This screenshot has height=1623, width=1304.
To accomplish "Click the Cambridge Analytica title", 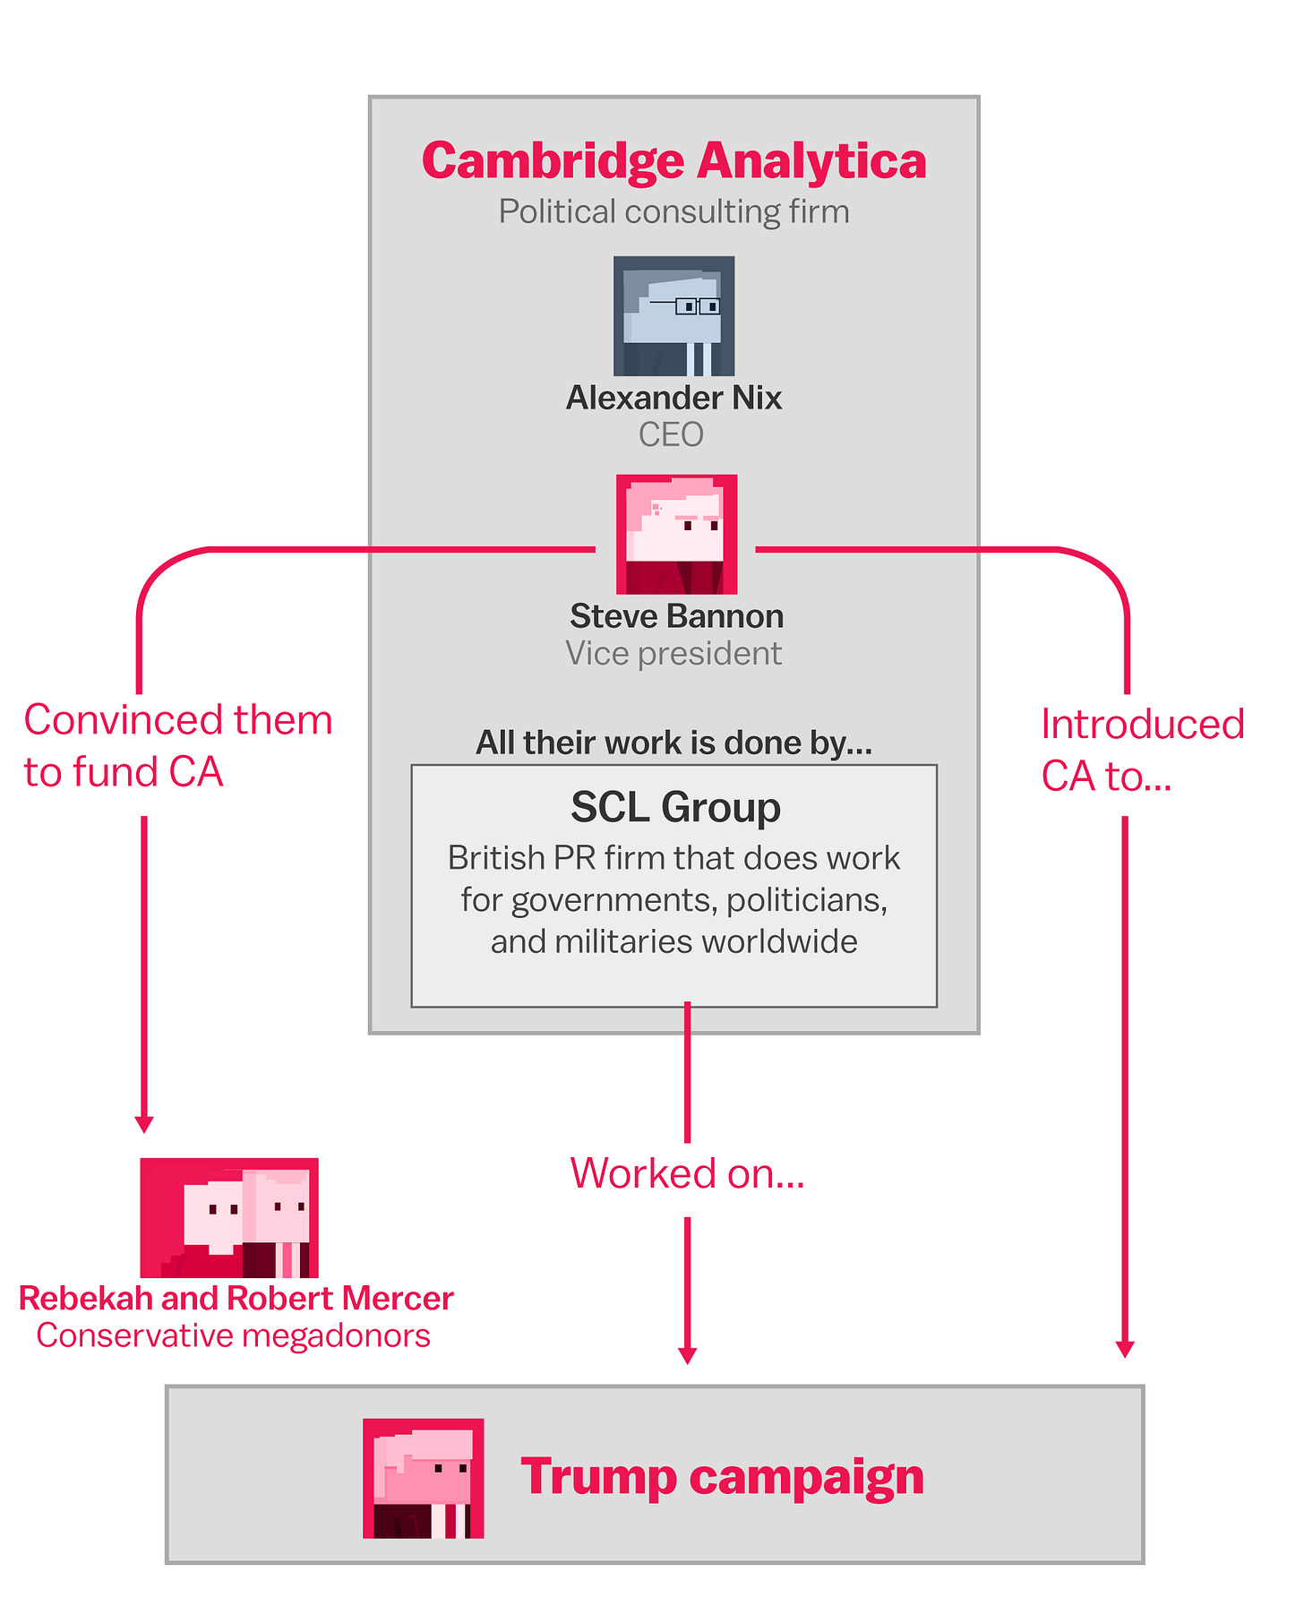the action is tap(673, 161).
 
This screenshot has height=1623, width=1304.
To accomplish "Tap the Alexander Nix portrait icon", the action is tap(673, 316).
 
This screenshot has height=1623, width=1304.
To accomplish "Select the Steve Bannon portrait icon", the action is tap(676, 535).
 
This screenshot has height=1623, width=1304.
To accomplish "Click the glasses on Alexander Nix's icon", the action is tap(686, 305).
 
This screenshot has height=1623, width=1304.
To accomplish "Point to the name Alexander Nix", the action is tap(673, 398).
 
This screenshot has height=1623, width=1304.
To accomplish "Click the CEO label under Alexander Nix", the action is tap(671, 435).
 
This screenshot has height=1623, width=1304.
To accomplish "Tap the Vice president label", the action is tap(673, 654).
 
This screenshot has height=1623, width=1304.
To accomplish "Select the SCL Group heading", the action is tap(675, 807).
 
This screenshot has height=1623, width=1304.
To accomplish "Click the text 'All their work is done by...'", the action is tap(673, 743).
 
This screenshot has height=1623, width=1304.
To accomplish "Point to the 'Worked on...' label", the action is tap(687, 1173).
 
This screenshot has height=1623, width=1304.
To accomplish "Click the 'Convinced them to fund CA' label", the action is tap(177, 746).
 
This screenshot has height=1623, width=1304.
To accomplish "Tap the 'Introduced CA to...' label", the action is tap(1142, 751).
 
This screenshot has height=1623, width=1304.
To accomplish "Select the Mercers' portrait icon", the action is tap(229, 1218).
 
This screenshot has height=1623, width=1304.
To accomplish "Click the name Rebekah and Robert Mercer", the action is tap(236, 1299).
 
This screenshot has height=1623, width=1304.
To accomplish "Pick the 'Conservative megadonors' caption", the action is tap(233, 1335).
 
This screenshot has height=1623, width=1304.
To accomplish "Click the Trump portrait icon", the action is tap(424, 1479).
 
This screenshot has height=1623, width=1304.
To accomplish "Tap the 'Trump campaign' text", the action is tap(722, 1478).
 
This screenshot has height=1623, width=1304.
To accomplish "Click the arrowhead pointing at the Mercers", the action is tap(143, 1125).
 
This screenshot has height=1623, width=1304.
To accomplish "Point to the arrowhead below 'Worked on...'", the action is tap(687, 1355).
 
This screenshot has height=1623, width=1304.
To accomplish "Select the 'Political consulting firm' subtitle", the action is tap(673, 212).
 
